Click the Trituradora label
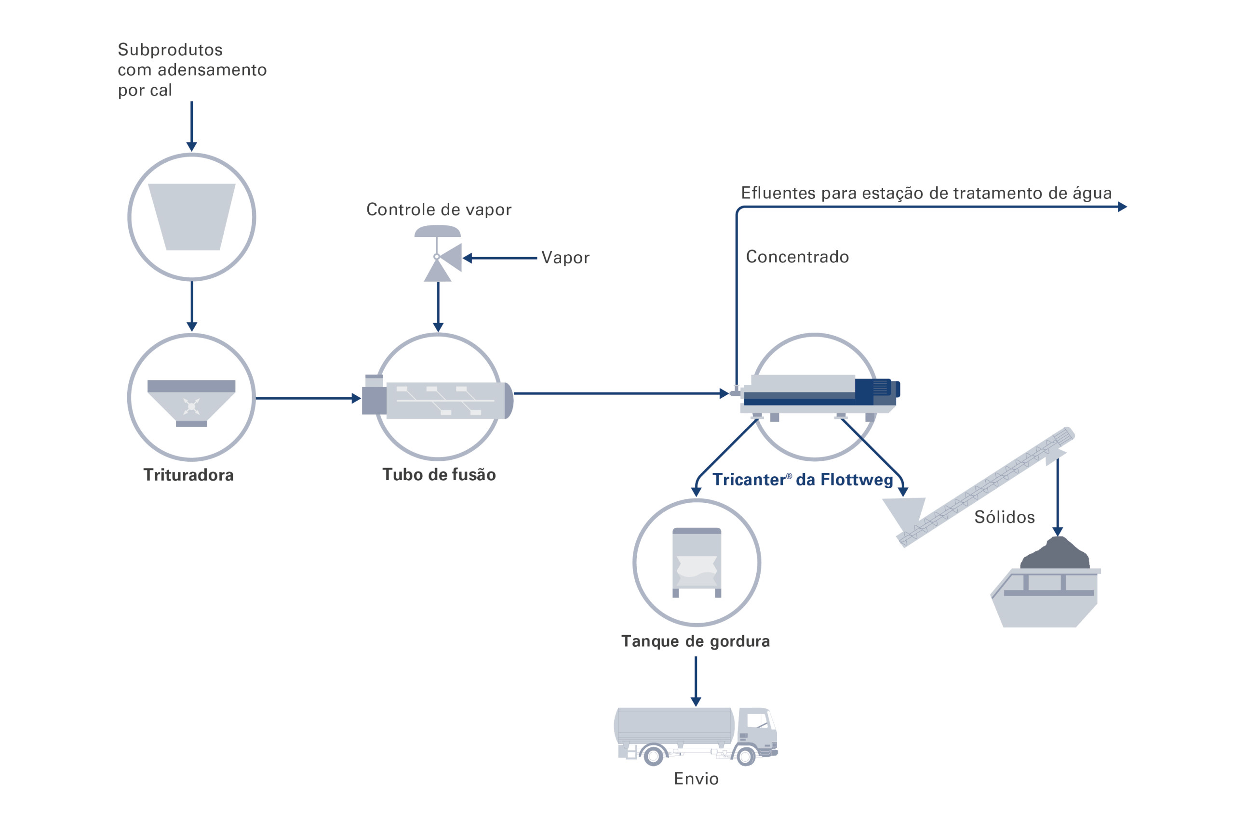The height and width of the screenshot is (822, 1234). pos(188,475)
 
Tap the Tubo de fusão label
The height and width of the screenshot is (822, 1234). pos(439,474)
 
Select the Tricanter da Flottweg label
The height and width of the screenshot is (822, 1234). pos(802,480)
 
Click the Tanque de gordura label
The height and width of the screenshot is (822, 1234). pos(695,641)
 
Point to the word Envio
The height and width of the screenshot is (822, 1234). pos(696,779)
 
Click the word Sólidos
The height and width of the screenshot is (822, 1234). pos(1004,517)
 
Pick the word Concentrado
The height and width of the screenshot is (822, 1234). pos(797,257)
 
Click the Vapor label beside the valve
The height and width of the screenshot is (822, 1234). pos(565,258)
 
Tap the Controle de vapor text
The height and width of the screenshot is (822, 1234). pos(439,209)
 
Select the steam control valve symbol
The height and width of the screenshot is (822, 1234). pos(439,255)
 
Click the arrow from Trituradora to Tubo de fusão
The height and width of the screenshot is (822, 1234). pos(308,398)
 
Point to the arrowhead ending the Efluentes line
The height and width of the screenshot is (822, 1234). pos(1122,207)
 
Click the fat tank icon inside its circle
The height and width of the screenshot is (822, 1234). pos(697,562)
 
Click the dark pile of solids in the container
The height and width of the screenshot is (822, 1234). pos(1055,555)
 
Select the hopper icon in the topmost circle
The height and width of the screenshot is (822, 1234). pos(191,217)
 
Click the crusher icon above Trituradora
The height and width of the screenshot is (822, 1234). pos(191,403)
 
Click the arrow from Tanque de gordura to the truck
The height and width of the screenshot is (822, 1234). pos(696,681)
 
